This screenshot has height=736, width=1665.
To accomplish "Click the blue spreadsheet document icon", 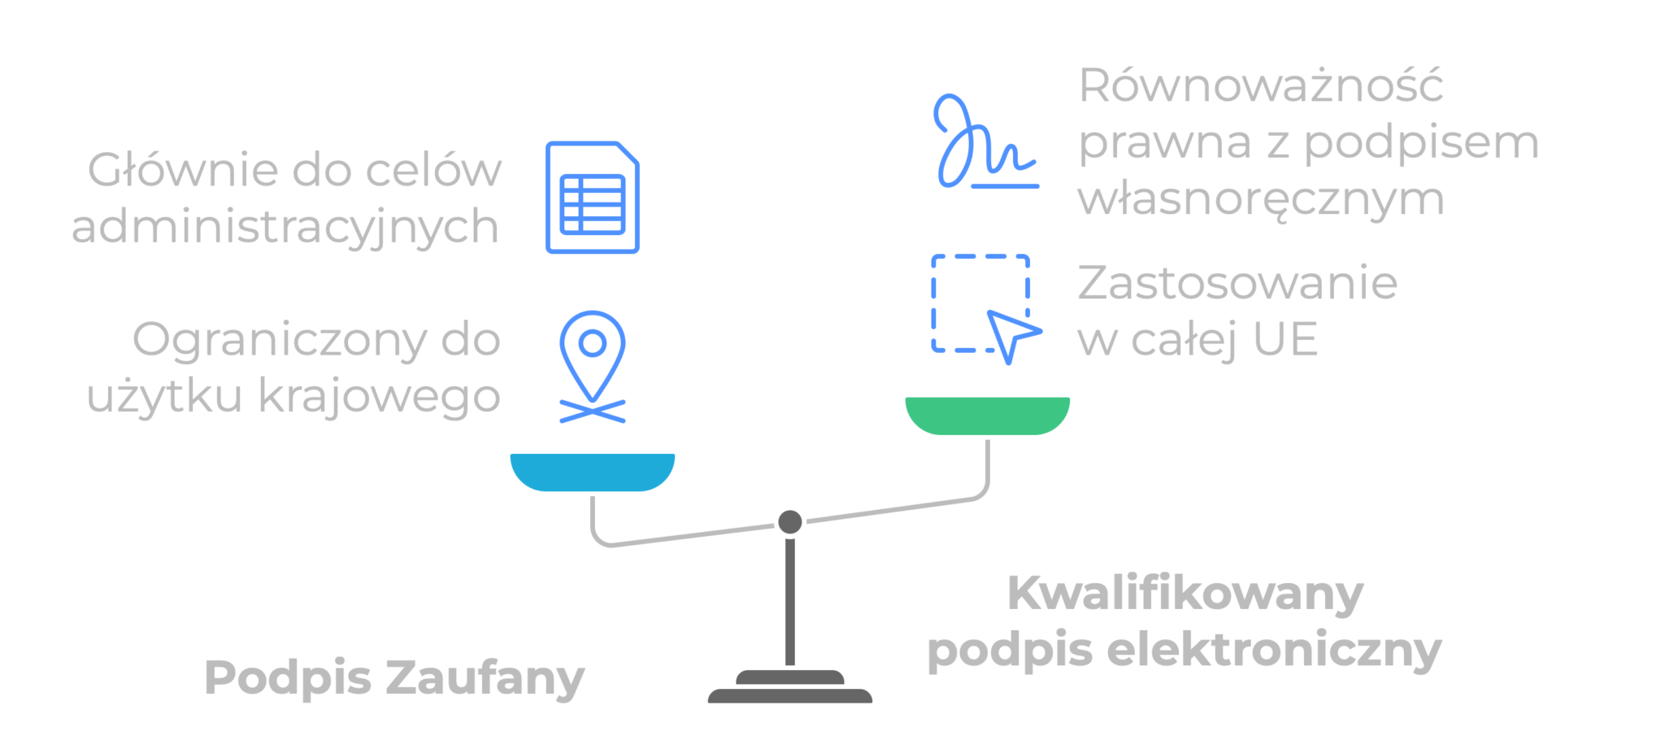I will (592, 198).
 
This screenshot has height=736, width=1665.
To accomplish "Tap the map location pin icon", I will (593, 358).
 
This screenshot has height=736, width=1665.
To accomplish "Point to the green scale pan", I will (987, 415).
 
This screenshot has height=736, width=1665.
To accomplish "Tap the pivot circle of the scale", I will (789, 521).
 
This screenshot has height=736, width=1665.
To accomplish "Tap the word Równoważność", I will (1260, 86).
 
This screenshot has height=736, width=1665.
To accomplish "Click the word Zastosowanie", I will (1237, 283).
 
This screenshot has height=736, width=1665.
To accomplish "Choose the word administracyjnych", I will (285, 227).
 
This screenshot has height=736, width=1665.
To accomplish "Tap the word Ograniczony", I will (280, 340).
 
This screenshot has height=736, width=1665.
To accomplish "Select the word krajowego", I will (379, 396).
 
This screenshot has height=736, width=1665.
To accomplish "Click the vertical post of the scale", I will (789, 602).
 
